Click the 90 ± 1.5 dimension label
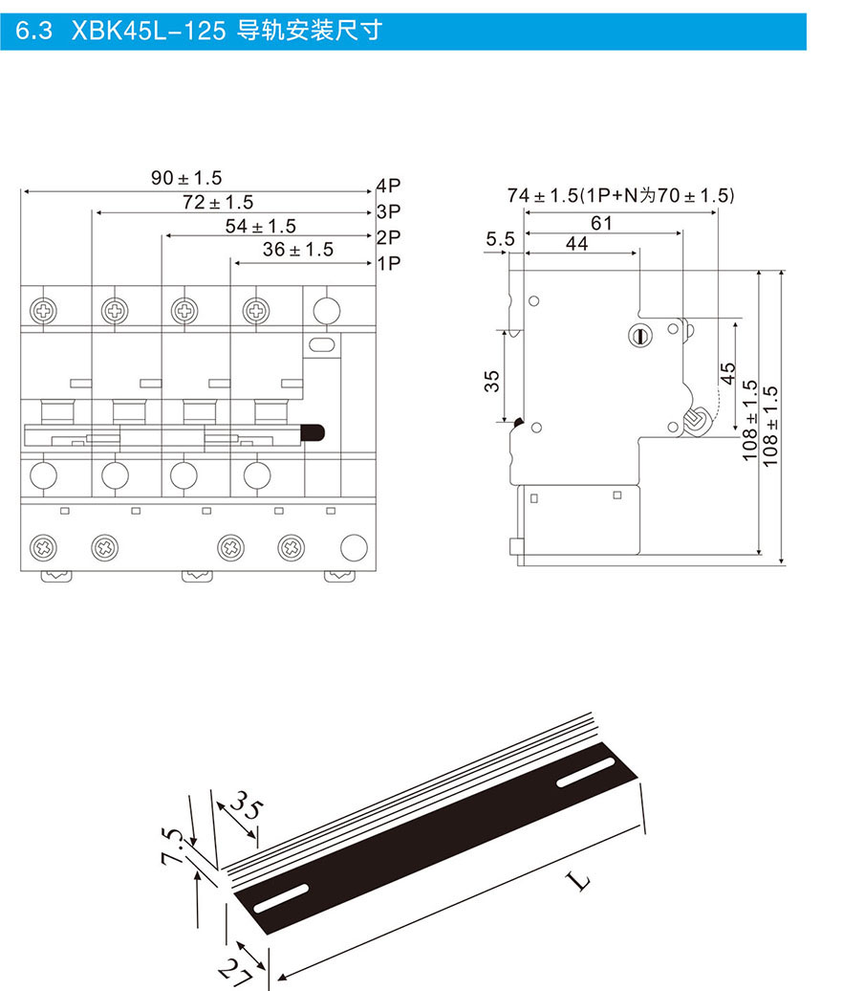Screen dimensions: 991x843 pos(186,178)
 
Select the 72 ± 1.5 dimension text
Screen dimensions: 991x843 pos(218,202)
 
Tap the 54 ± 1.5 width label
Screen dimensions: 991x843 pos(260,226)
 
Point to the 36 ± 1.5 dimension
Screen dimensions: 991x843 pos(298,250)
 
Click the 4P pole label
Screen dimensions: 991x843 pos(387,186)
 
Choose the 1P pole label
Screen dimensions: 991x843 pos(387,262)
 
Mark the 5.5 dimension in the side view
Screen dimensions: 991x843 pos(500,239)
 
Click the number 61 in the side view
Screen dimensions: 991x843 pos(601,223)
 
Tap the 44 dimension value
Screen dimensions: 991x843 pos(577,244)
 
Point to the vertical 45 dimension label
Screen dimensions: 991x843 pos(727,373)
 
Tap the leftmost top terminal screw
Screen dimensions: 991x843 pos(44,310)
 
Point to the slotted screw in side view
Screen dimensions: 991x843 pos(640,335)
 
